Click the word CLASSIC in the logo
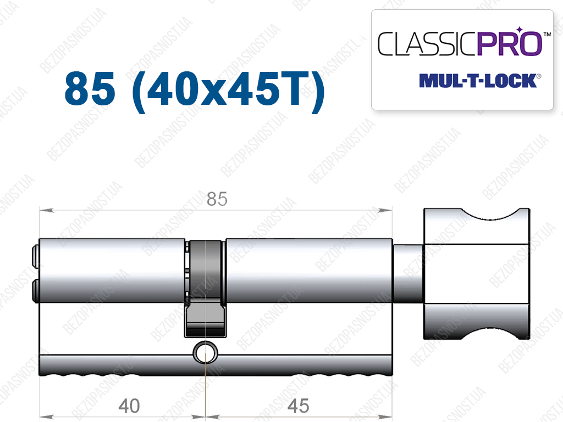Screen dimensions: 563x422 click(x=427, y=44)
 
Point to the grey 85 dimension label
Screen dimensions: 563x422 click(x=217, y=199)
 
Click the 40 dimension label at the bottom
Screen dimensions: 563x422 click(x=129, y=406)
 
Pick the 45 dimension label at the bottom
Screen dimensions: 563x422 click(x=298, y=406)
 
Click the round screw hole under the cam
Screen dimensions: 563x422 click(x=206, y=352)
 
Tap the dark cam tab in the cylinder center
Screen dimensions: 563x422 click(x=206, y=289)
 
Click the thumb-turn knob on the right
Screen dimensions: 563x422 click(x=477, y=274)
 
